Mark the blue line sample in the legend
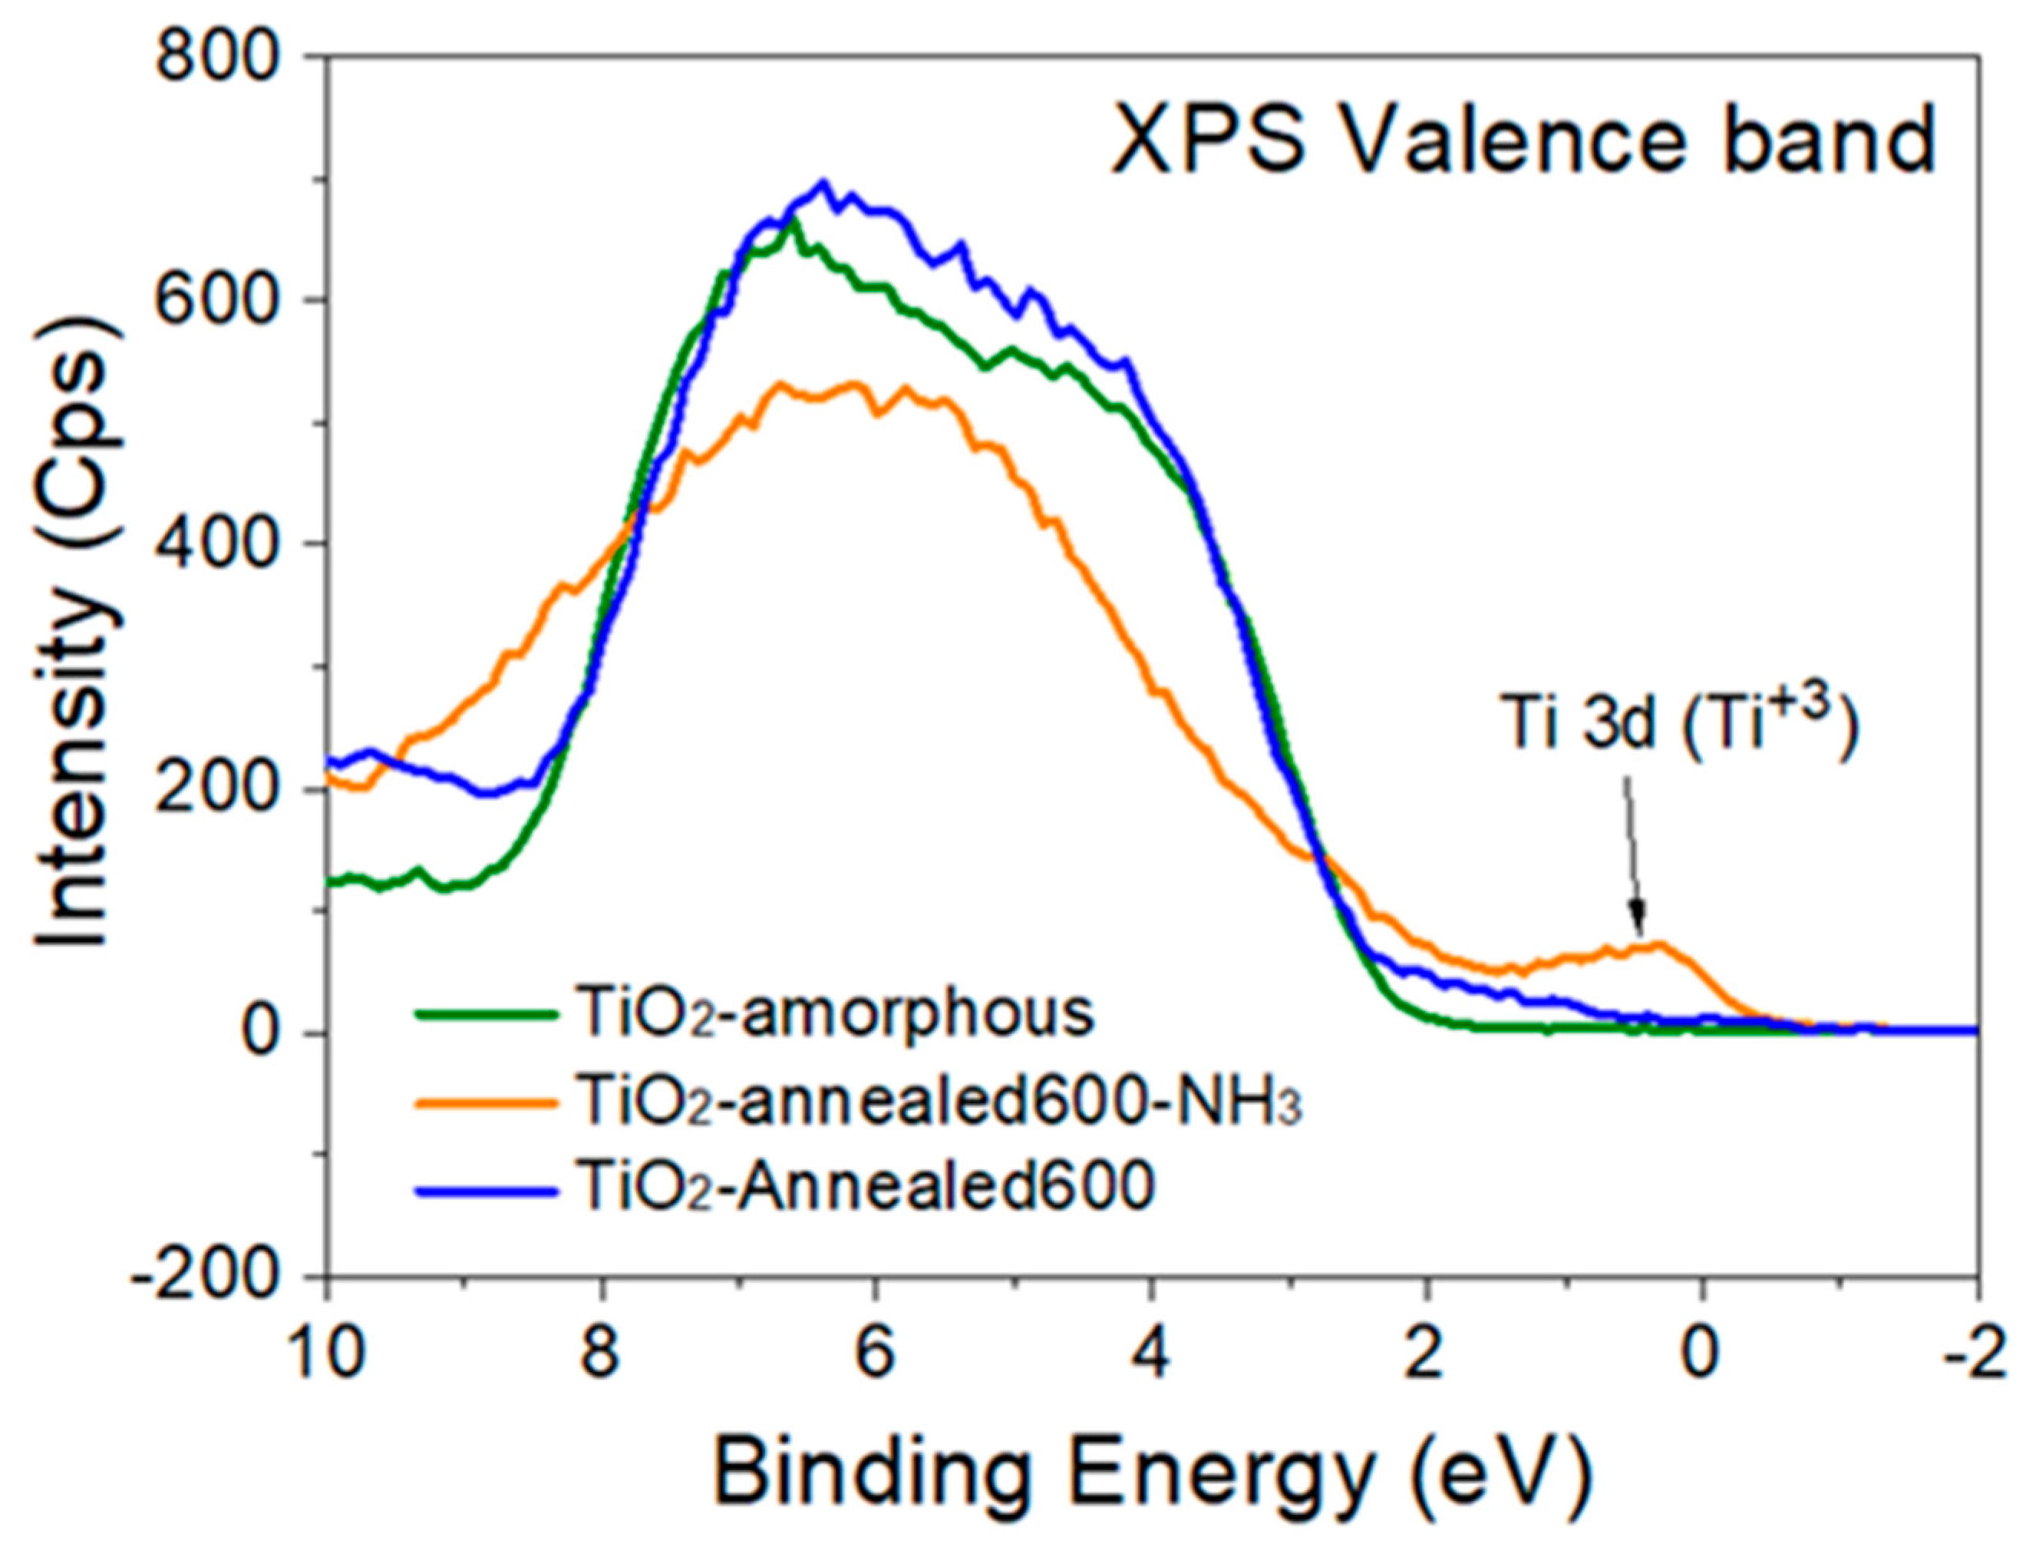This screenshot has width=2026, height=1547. (488, 1190)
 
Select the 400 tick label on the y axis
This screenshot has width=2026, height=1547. (216, 545)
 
